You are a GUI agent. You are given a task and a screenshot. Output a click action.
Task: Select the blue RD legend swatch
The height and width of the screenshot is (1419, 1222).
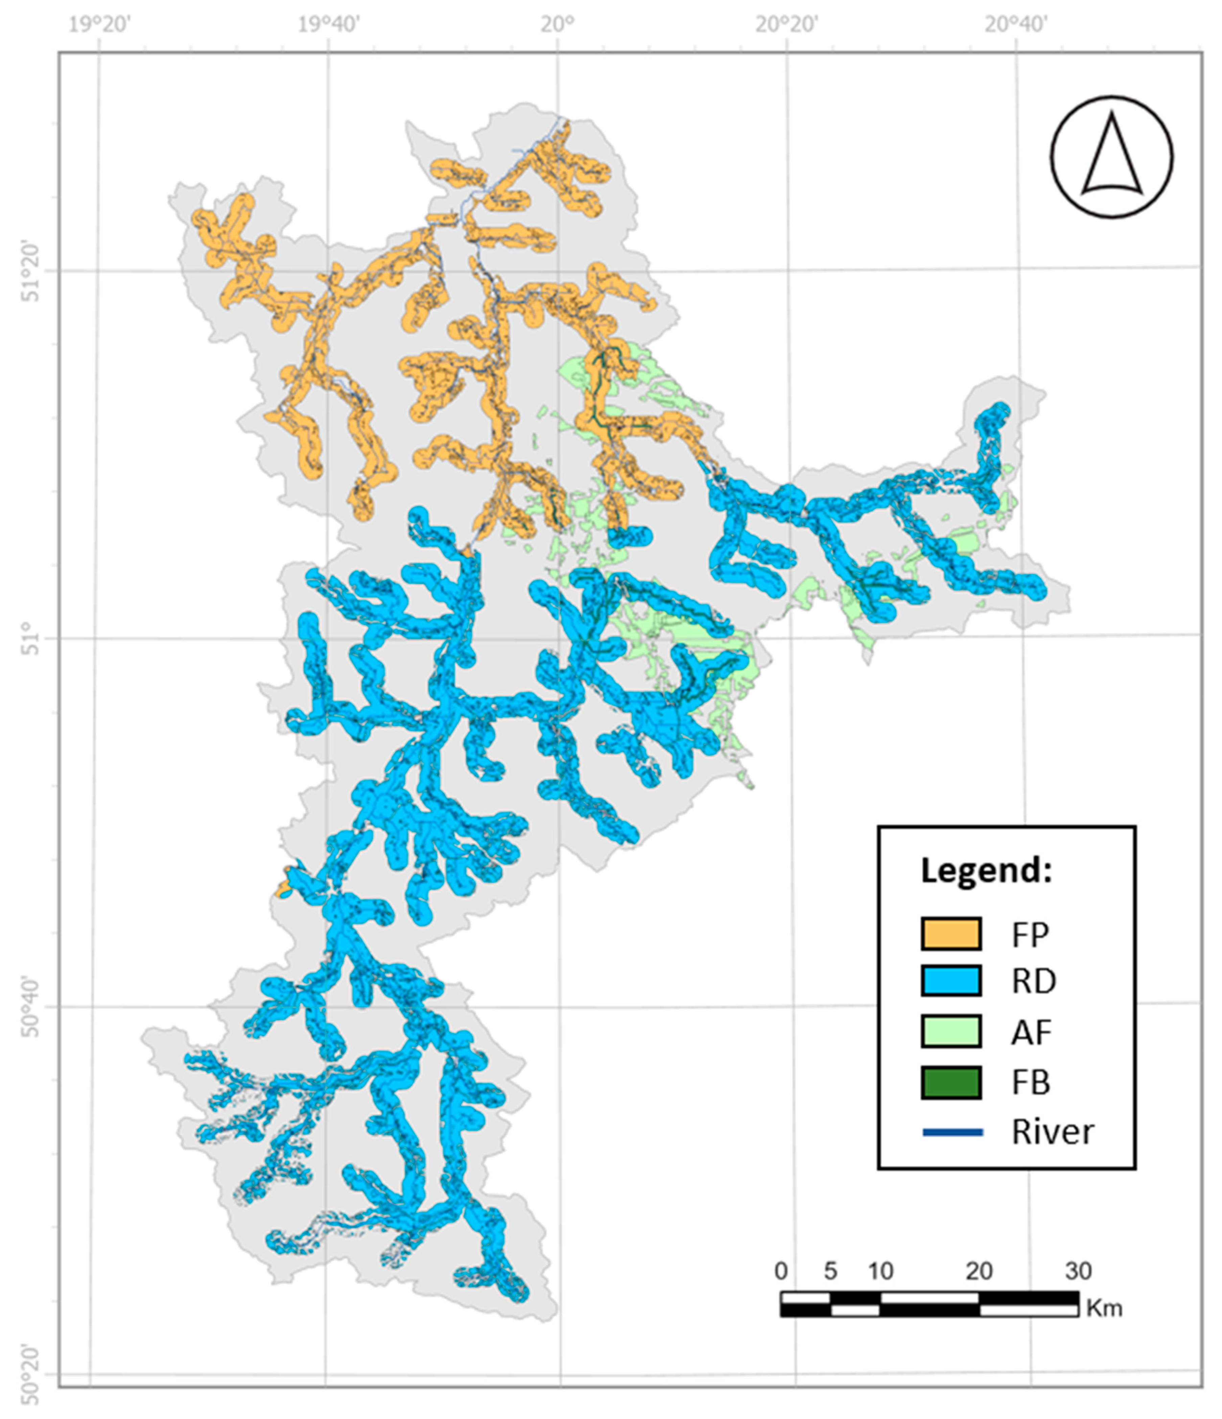[951, 981]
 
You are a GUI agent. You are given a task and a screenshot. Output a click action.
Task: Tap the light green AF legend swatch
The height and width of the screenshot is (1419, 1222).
[951, 1031]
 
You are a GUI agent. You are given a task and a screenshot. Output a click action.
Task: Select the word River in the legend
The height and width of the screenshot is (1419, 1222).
[1052, 1133]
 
